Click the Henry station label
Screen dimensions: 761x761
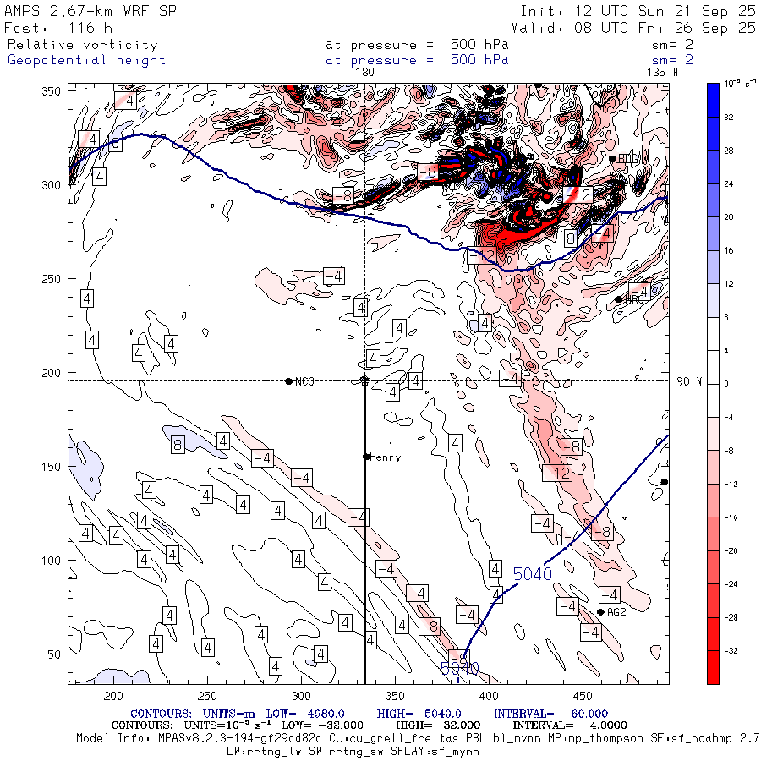pyautogui.click(x=385, y=457)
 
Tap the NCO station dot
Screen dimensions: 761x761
pyautogui.click(x=289, y=381)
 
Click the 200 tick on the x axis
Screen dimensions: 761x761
pyautogui.click(x=112, y=695)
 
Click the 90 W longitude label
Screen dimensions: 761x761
pyautogui.click(x=690, y=381)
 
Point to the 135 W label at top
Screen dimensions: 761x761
pyautogui.click(x=662, y=73)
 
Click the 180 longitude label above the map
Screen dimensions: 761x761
pyautogui.click(x=365, y=73)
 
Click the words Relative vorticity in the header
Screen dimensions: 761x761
pyautogui.click(x=82, y=44)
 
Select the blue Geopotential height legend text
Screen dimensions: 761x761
pyautogui.click(x=86, y=60)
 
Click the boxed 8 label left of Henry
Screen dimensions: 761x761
pyautogui.click(x=178, y=445)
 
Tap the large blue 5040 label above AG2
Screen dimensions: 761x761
pyautogui.click(x=533, y=574)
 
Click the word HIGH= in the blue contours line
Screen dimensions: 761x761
pyautogui.click(x=395, y=714)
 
